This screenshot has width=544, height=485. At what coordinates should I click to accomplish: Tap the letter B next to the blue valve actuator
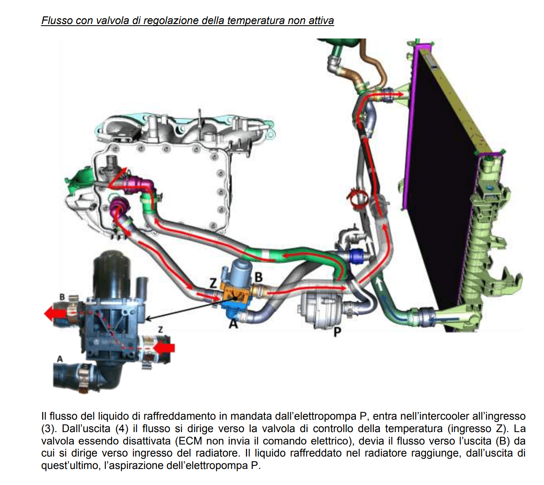coord(258,277)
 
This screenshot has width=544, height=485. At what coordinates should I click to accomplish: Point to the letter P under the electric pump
coord(337,331)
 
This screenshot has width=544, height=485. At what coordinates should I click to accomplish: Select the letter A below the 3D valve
coord(233,323)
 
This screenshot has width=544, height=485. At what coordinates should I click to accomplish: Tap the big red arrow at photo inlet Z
coord(164,348)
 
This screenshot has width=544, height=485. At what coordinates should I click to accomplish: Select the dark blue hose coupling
coord(356,255)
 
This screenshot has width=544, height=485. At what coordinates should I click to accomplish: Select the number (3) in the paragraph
coord(48,428)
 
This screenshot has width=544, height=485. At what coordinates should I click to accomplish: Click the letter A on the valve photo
coord(60,359)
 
